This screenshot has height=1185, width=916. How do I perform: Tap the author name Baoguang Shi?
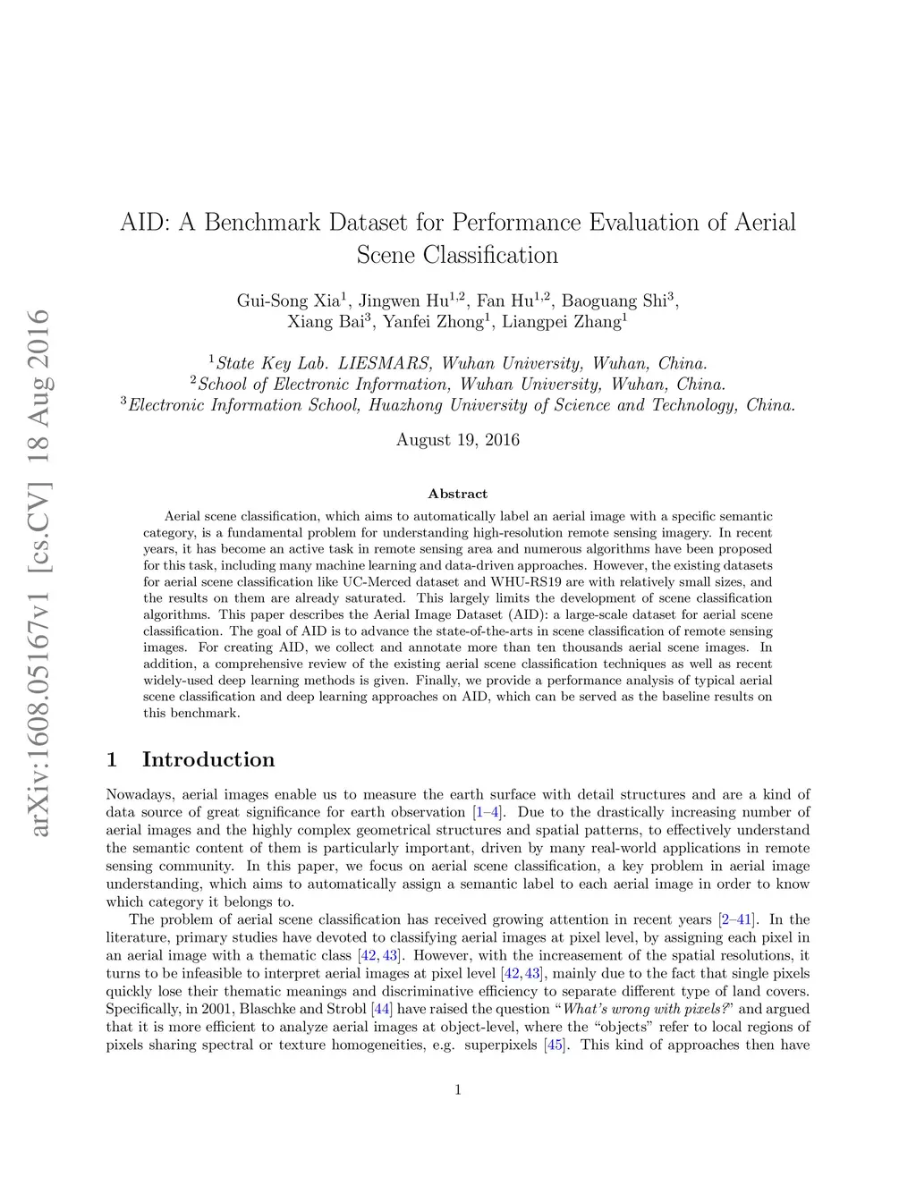[x=614, y=300]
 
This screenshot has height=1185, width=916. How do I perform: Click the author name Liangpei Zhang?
[x=561, y=322]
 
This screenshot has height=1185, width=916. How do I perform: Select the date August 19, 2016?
[x=457, y=440]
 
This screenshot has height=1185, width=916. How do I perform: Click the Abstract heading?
[x=457, y=494]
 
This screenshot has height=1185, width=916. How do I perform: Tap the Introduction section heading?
[x=208, y=759]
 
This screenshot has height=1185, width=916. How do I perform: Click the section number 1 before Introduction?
[x=112, y=759]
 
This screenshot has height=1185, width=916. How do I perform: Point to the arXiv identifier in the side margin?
[x=38, y=572]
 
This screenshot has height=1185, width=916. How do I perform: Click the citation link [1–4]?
[x=488, y=812]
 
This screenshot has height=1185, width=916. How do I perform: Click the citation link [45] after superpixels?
[x=556, y=1045]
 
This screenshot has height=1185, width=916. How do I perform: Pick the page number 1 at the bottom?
[x=458, y=1089]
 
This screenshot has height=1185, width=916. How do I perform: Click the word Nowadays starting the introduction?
[x=139, y=794]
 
